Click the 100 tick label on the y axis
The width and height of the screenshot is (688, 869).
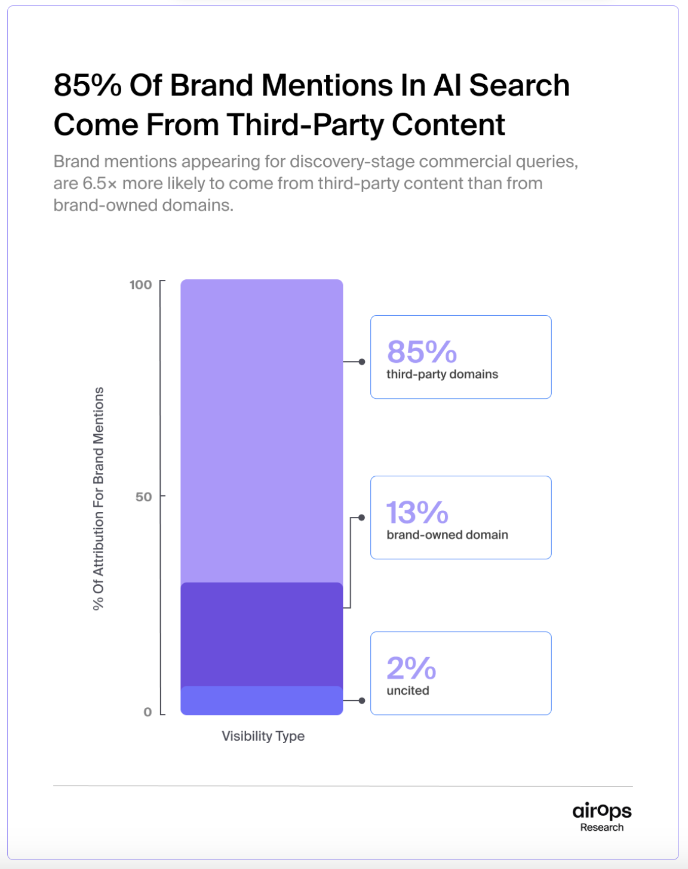[x=141, y=285]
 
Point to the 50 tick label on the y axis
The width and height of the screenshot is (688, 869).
[x=143, y=497]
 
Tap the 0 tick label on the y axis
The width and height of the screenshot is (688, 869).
[x=148, y=711]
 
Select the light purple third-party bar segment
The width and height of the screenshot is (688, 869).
[x=262, y=430]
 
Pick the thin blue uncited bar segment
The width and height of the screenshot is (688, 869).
[x=262, y=701]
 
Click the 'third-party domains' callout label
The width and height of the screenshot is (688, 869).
[x=442, y=374]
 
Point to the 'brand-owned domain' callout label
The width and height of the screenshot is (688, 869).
[x=447, y=535]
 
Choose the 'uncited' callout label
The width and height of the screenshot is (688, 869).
[x=408, y=691]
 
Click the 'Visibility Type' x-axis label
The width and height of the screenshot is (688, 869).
[x=263, y=736]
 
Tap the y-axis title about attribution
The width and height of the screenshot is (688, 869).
[x=99, y=498]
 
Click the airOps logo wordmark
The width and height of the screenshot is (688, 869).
[x=602, y=811]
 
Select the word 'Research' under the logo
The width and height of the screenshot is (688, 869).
[x=602, y=827]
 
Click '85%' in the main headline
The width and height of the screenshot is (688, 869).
[x=88, y=85]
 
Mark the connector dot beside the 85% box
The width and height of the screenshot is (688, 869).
[x=362, y=362]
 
